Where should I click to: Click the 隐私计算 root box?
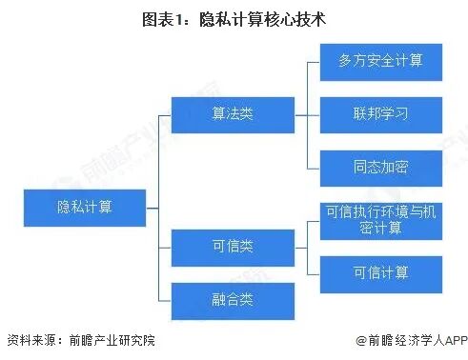tap(84, 206)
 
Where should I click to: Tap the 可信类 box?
tap(232, 248)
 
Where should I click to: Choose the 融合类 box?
tap(232, 300)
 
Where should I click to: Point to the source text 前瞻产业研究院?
tap(109, 340)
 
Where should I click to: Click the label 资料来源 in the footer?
tap(29, 340)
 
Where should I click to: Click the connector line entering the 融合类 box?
tap(164, 300)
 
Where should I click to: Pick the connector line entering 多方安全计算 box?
tap(315, 61)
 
